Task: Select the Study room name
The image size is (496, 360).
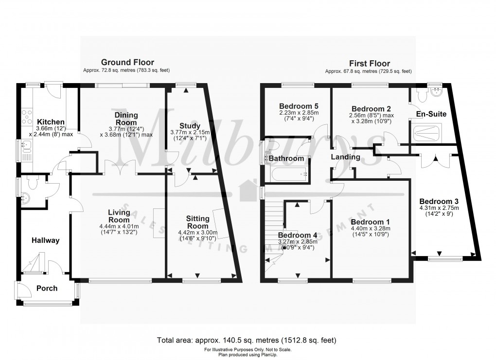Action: click(x=189, y=126)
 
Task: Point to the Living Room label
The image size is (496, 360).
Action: click(x=119, y=216)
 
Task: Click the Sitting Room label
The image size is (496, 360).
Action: click(x=197, y=222)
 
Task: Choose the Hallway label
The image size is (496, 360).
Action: click(x=45, y=240)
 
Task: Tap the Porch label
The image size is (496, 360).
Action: click(x=47, y=288)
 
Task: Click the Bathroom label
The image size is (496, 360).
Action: click(x=287, y=158)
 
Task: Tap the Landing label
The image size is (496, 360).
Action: click(x=345, y=157)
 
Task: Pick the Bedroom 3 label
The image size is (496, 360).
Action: click(x=439, y=201)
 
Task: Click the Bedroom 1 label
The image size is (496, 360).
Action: click(x=371, y=222)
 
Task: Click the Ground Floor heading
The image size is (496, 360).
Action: click(x=127, y=62)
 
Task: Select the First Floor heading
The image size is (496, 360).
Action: click(x=370, y=64)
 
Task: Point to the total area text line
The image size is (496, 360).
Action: click(x=248, y=340)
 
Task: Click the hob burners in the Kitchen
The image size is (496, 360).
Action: click(x=25, y=117)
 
